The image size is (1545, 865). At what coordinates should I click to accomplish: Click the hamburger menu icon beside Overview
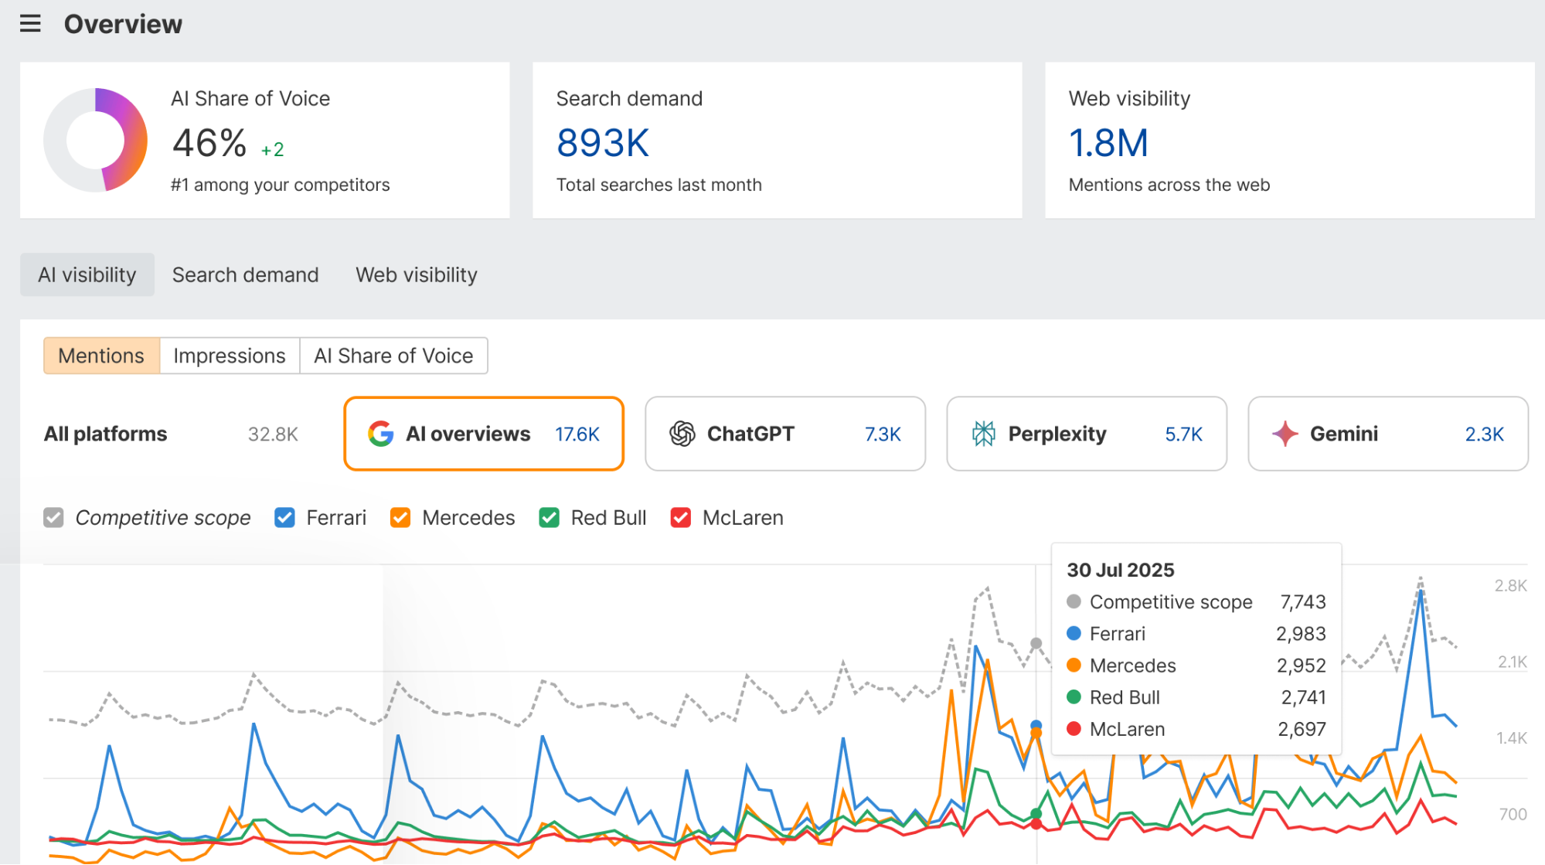click(30, 24)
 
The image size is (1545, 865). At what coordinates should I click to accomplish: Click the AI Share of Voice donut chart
click(96, 140)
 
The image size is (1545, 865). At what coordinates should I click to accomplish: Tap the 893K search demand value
click(603, 143)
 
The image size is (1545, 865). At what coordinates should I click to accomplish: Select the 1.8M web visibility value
click(1108, 143)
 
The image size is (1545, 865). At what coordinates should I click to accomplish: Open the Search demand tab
click(245, 275)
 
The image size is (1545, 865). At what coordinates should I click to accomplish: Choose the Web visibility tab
click(417, 275)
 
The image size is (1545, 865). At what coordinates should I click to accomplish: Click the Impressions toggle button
click(230, 356)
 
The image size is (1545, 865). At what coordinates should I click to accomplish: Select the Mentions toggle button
click(101, 356)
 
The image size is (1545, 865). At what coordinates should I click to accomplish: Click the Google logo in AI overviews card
click(381, 434)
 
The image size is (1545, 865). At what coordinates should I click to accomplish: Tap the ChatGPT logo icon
click(682, 434)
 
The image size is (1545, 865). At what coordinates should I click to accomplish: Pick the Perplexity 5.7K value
click(1183, 434)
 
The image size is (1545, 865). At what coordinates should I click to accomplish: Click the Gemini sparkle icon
click(1285, 434)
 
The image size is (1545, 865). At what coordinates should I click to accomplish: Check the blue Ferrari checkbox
click(284, 518)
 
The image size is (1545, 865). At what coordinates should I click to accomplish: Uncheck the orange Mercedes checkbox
click(400, 518)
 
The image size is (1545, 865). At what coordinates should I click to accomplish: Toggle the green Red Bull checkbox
click(550, 518)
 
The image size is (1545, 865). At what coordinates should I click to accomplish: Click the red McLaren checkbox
click(681, 518)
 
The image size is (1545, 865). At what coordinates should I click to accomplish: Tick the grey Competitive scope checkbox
click(53, 518)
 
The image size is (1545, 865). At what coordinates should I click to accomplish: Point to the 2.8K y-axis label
click(1510, 586)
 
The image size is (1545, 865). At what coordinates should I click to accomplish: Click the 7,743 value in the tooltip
click(1303, 602)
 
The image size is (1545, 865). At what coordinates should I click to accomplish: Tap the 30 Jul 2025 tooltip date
click(1121, 570)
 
